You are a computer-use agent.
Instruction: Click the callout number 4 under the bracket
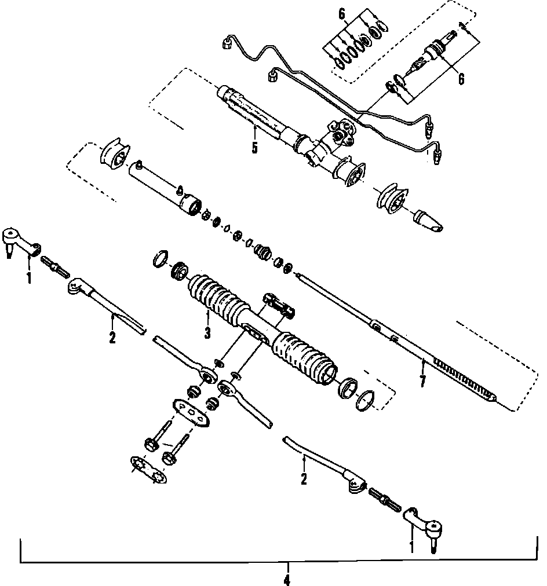286,579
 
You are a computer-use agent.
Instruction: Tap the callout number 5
254,148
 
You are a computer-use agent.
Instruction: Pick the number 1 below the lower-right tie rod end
412,546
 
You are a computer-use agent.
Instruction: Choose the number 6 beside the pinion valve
461,79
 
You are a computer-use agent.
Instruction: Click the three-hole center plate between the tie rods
190,413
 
